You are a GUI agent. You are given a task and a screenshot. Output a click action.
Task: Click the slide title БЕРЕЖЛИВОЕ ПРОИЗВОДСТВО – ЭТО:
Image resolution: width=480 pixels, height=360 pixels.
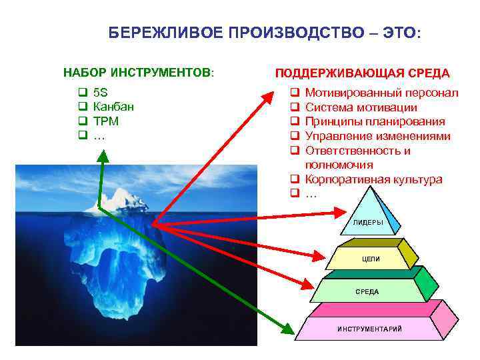[265, 34]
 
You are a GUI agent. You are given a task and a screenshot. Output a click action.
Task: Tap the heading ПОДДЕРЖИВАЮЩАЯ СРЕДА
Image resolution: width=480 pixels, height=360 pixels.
[363, 73]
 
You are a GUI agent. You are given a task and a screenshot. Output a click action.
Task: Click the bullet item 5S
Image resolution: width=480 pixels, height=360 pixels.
[102, 92]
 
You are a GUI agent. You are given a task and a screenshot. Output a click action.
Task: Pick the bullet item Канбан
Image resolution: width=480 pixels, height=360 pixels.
[113, 107]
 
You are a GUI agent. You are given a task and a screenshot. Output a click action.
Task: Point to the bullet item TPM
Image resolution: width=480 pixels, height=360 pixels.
[106, 121]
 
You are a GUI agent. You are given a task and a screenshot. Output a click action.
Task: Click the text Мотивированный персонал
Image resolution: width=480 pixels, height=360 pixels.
[381, 92]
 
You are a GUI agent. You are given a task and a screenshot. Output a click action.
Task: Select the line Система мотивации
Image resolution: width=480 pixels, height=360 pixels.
[361, 107]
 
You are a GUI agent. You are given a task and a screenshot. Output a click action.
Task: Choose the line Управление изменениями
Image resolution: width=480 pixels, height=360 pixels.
[377, 136]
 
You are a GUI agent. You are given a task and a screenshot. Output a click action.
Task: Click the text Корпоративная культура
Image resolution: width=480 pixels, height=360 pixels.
[373, 179]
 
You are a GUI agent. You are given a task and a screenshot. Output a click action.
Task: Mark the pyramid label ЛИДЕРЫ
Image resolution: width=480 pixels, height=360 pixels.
[369, 222]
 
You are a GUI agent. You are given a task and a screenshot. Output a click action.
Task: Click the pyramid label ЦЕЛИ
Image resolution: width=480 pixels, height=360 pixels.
[371, 259]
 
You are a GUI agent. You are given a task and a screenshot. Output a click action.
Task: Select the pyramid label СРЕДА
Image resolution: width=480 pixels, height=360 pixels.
[367, 291]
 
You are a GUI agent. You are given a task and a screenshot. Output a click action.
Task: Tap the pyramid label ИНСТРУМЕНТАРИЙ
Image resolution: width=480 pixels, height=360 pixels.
[369, 329]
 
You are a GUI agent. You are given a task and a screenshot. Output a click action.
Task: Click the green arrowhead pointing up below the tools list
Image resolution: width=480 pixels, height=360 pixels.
[103, 155]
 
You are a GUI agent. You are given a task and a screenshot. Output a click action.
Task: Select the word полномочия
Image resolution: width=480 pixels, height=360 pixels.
[339, 165]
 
